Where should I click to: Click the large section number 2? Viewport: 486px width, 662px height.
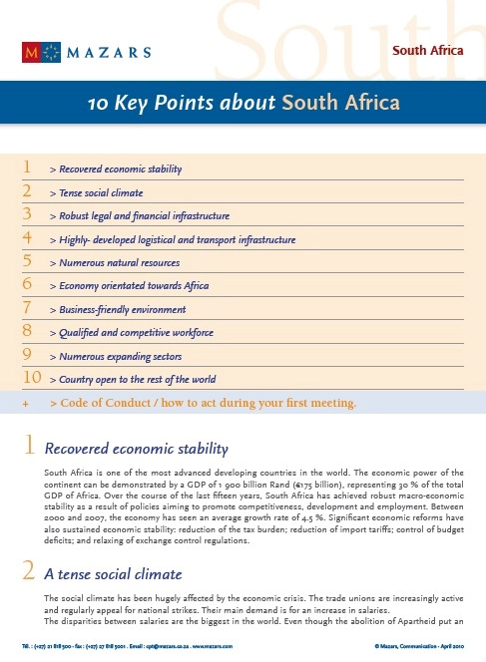30,572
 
